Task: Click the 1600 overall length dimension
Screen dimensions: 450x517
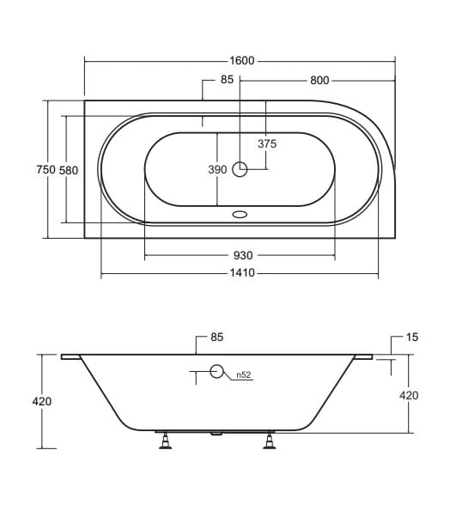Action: (x=242, y=61)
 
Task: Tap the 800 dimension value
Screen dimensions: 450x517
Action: (x=319, y=80)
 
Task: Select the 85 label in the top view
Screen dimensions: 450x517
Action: (x=227, y=80)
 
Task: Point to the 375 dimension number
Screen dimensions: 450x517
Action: (x=267, y=143)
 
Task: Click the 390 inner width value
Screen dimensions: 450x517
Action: (x=217, y=169)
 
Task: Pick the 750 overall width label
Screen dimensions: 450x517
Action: (x=46, y=169)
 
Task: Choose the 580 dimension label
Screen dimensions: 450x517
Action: (x=69, y=170)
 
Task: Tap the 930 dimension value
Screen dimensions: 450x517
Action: (x=243, y=255)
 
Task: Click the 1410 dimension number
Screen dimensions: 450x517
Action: (x=242, y=273)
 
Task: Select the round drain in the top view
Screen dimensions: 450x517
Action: (x=240, y=169)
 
